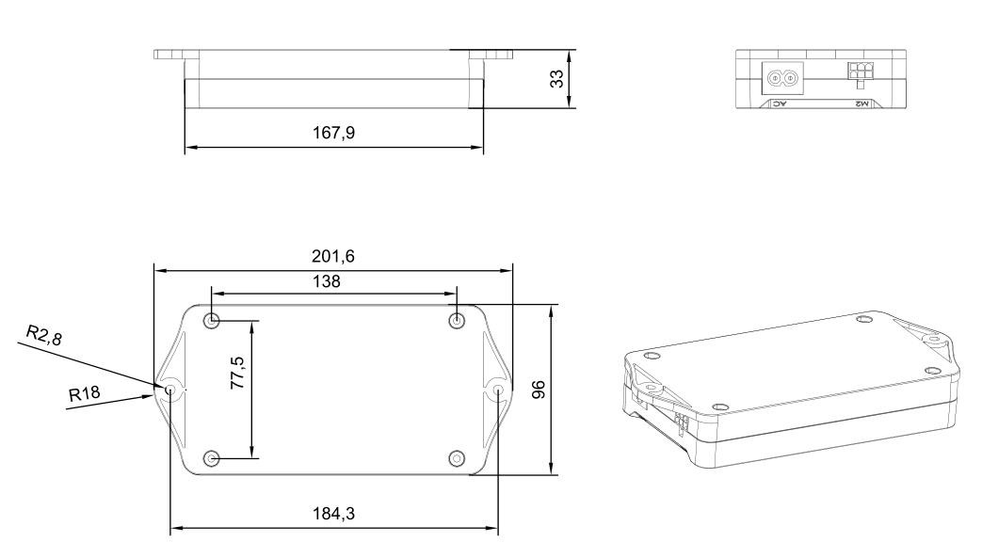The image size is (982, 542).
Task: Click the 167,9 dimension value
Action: (334, 134)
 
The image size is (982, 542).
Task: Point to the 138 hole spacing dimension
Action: (333, 280)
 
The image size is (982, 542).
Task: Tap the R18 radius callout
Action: (84, 392)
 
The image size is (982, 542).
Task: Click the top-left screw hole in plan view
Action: (212, 321)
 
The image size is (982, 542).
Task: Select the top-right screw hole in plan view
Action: (457, 321)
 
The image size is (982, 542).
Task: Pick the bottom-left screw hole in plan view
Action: (212, 458)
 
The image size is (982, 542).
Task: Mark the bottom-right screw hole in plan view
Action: (457, 458)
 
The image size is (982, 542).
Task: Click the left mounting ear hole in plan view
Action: (170, 390)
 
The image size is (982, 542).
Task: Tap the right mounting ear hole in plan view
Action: (498, 390)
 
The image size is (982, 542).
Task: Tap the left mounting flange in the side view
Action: (175, 54)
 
